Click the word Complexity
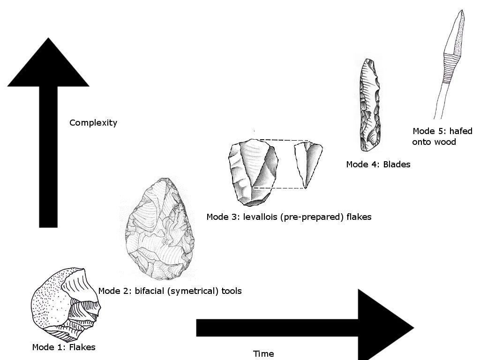(x=93, y=123)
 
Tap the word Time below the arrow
(x=263, y=354)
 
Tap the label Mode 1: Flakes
(x=64, y=347)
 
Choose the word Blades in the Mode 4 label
(x=397, y=164)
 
